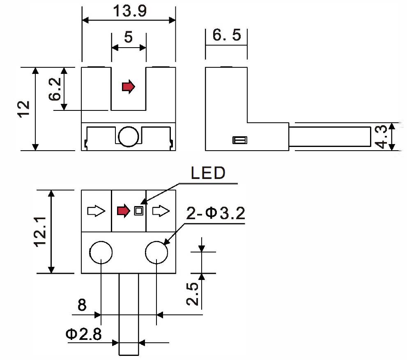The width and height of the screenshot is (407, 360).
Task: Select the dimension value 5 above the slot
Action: [129, 37]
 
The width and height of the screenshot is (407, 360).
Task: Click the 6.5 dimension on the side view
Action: [227, 36]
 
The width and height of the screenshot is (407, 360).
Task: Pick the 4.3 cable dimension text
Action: [382, 137]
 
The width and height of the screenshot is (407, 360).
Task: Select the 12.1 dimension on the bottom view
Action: [40, 232]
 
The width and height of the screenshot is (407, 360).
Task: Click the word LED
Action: [208, 173]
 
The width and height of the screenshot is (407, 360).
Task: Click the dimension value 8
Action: [82, 306]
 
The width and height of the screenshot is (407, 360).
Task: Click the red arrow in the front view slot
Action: [129, 87]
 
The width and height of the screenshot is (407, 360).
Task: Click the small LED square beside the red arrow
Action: [139, 211]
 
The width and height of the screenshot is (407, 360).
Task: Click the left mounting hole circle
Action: [101, 252]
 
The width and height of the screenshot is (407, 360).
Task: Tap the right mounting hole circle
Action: [156, 252]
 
